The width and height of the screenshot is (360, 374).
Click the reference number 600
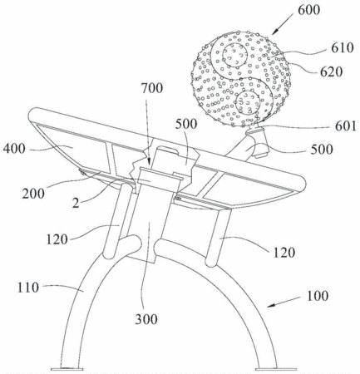308,10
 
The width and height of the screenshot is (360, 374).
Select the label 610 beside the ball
343,47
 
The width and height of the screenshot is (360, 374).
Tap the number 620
332,72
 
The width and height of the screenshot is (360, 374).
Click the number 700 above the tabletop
151,88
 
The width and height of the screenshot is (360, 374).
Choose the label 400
14,149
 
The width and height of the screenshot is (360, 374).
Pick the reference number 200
33,194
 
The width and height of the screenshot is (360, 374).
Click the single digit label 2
76,203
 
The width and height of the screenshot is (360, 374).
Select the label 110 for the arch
28,288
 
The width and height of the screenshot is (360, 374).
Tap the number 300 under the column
146,319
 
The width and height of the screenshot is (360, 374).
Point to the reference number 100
318,296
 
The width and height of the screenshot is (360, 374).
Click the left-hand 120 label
57,239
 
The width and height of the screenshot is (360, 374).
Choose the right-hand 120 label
284,253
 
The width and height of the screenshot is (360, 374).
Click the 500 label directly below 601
322,150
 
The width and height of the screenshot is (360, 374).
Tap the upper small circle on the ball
235,55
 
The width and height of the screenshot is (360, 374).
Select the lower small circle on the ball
248,103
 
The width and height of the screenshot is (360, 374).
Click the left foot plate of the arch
67,369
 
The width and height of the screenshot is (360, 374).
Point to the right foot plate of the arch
276,369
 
